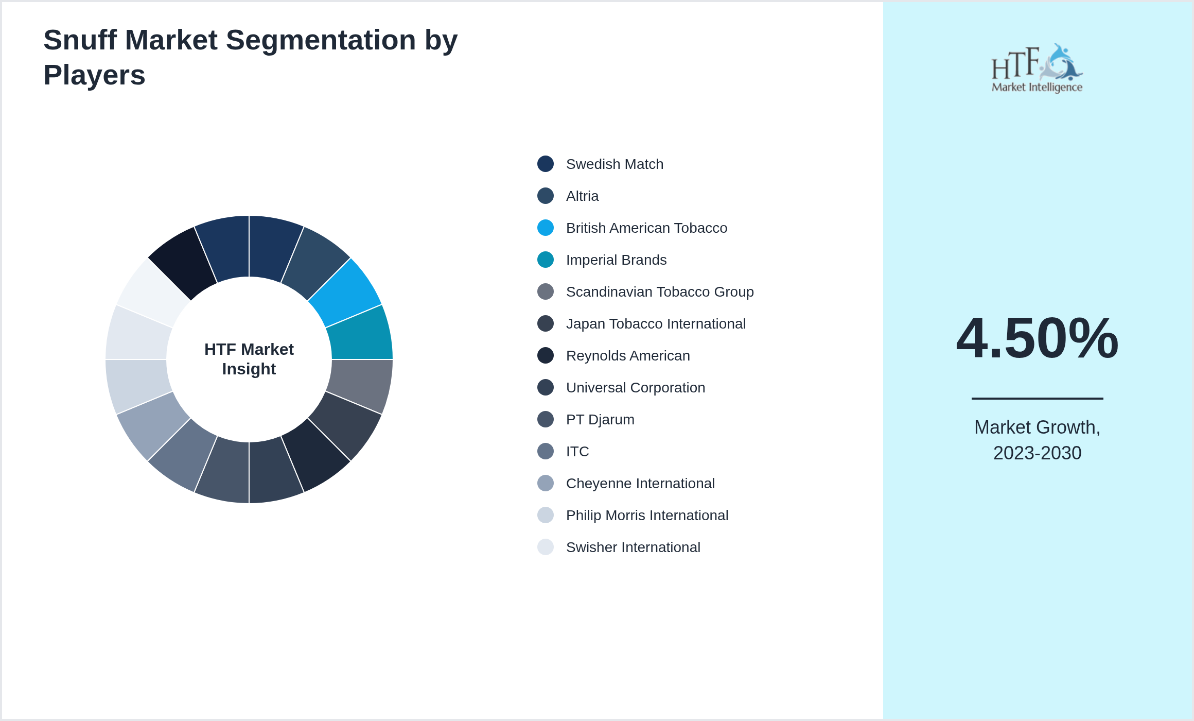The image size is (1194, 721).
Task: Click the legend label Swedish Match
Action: click(x=614, y=164)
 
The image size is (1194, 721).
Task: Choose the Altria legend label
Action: click(x=582, y=196)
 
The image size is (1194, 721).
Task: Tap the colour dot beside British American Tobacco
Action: click(x=546, y=228)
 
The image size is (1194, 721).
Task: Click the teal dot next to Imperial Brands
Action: click(x=546, y=260)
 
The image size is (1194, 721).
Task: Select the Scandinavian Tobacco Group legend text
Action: click(x=660, y=291)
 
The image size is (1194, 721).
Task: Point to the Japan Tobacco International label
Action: click(x=656, y=323)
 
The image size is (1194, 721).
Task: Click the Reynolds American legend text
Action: click(x=628, y=355)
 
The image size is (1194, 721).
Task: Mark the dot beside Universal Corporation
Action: click(x=546, y=387)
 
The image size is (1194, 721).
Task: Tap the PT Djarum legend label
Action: click(x=600, y=420)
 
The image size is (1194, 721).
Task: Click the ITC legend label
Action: click(x=577, y=451)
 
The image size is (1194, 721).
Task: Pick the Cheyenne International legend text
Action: click(x=640, y=484)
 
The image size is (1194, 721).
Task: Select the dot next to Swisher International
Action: click(x=546, y=547)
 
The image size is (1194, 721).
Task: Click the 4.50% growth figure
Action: click(x=1037, y=338)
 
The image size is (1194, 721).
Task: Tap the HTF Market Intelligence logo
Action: click(x=1037, y=68)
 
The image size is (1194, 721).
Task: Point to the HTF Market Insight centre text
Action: click(x=249, y=359)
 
